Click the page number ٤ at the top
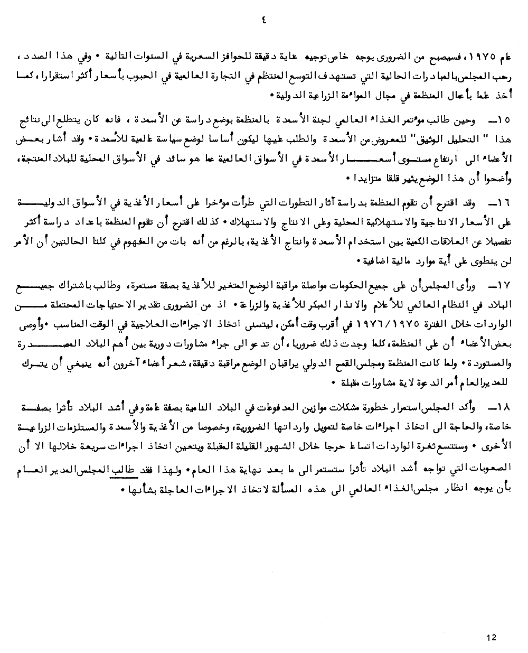pos(264,21)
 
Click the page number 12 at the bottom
pos(491,638)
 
